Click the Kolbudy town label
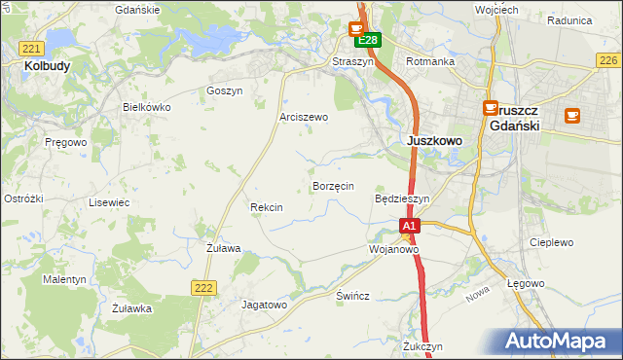point(46,66)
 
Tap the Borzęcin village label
point(333,186)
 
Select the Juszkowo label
point(433,140)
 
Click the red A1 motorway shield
point(410,226)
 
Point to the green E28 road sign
point(367,41)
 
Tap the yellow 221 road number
point(31,48)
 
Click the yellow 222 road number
point(202,286)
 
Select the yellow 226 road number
point(607,60)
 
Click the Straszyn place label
point(352,61)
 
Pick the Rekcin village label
point(266,207)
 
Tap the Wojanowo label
point(393,249)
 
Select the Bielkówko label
point(146,107)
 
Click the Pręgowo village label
point(65,142)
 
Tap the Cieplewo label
point(551,242)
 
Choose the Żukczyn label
point(422,346)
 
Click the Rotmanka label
point(429,61)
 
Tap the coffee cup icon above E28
point(357,29)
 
